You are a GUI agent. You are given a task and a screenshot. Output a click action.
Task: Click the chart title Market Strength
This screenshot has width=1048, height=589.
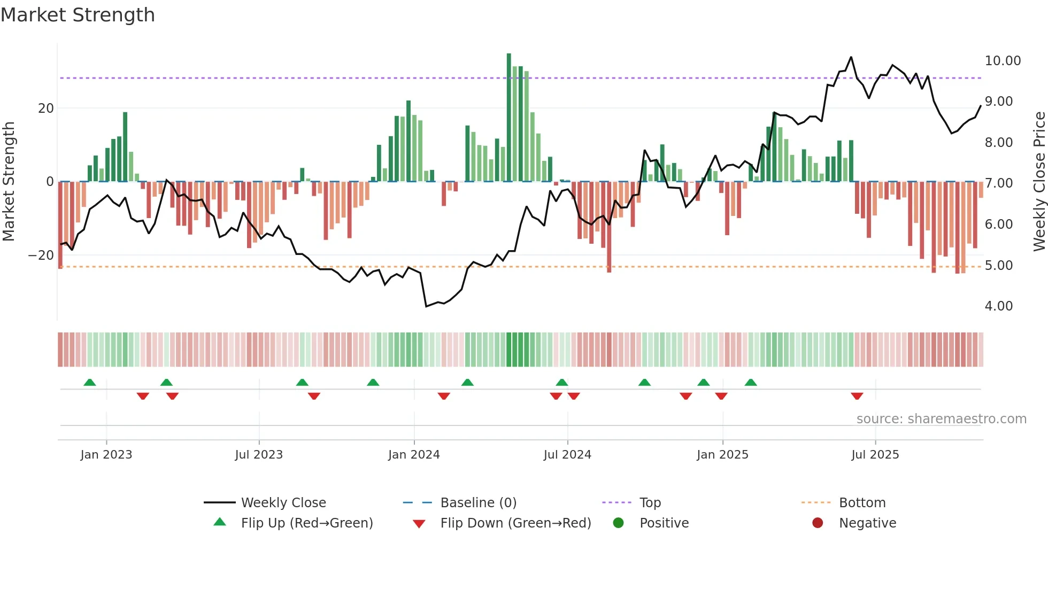(78, 15)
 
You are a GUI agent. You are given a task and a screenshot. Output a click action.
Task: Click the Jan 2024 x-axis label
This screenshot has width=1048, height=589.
(414, 455)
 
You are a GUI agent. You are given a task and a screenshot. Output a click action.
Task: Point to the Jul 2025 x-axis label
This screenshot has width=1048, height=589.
(875, 455)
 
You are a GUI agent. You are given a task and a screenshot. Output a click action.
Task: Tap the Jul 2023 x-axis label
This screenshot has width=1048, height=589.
(259, 455)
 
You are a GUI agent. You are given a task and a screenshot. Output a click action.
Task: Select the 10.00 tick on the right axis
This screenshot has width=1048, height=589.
(1003, 61)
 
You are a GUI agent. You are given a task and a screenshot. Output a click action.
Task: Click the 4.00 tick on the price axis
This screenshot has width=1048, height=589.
(998, 306)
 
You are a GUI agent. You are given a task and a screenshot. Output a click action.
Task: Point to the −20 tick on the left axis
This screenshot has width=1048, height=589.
(41, 255)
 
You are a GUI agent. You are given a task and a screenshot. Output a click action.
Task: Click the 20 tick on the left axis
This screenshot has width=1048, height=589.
(46, 108)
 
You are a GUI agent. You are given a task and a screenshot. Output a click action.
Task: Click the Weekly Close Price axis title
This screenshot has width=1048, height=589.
(1039, 182)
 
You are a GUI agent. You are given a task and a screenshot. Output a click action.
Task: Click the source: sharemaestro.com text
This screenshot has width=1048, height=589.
(941, 419)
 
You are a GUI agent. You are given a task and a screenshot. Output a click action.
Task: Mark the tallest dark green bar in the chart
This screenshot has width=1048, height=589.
(509, 118)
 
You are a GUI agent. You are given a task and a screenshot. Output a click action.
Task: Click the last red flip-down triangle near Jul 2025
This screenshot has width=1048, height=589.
(857, 396)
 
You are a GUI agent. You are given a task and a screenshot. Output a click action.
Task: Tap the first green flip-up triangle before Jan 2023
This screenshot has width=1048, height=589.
(90, 382)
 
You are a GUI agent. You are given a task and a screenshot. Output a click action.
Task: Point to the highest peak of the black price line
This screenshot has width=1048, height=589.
(851, 57)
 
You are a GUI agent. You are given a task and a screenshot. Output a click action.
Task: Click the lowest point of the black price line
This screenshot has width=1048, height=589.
(426, 306)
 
